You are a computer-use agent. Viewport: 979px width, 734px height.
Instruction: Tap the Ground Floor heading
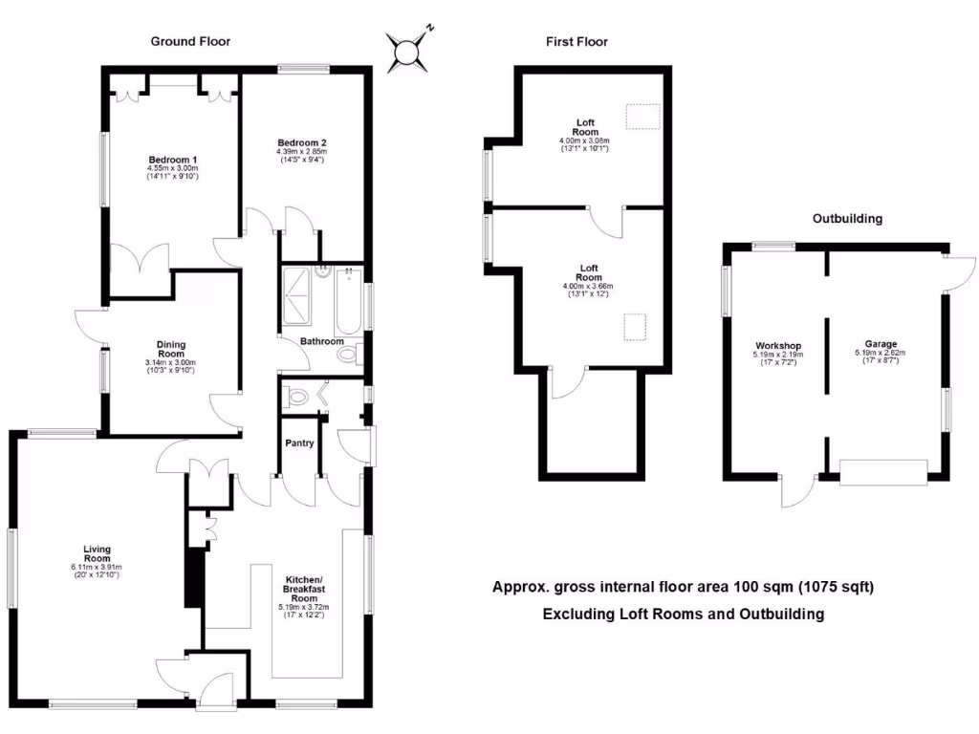tap(190, 41)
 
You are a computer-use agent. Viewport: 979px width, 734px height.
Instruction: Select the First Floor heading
tap(577, 41)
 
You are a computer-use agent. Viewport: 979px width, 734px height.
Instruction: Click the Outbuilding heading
tap(847, 219)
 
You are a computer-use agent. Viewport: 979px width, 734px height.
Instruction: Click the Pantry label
tap(300, 443)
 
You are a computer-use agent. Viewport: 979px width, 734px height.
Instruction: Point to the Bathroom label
tap(321, 341)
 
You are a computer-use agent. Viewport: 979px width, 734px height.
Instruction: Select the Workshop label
tap(777, 346)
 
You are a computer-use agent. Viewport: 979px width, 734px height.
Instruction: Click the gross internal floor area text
tap(683, 587)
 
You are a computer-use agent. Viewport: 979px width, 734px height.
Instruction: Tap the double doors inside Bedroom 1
tap(141, 259)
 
